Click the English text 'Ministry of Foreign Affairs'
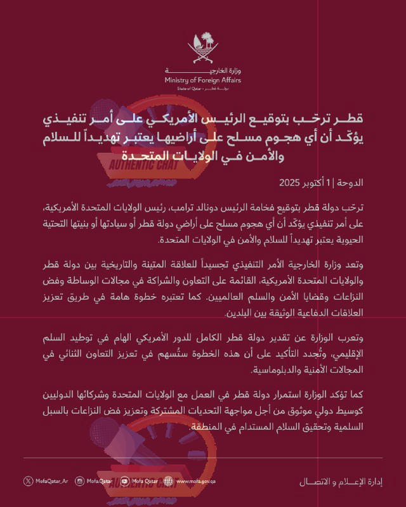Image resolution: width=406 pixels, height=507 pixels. point(203,80)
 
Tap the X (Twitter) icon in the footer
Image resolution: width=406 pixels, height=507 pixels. point(27,482)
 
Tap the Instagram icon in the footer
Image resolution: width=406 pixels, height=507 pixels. point(79,482)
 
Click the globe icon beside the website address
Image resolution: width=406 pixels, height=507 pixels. point(168,482)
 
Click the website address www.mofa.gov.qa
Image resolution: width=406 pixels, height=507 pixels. point(197,482)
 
